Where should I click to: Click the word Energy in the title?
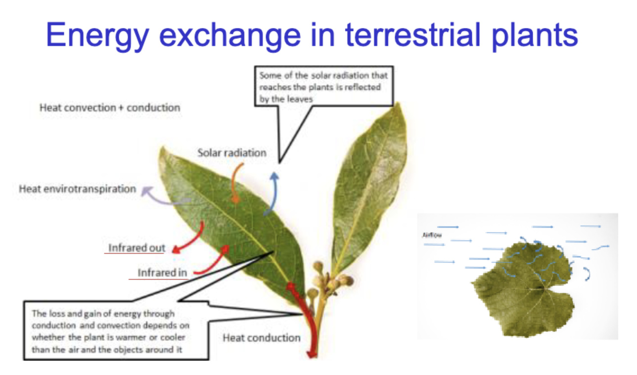97,36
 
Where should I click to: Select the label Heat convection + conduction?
110,108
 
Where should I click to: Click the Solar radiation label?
232,153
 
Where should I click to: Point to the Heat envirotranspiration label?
77,189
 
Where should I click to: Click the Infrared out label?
137,248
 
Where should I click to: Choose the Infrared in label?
162,273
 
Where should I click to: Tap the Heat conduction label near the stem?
262,338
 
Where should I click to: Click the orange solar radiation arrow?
233,182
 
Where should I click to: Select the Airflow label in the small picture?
432,235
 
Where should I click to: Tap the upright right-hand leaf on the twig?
370,188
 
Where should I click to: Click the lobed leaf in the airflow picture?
523,290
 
